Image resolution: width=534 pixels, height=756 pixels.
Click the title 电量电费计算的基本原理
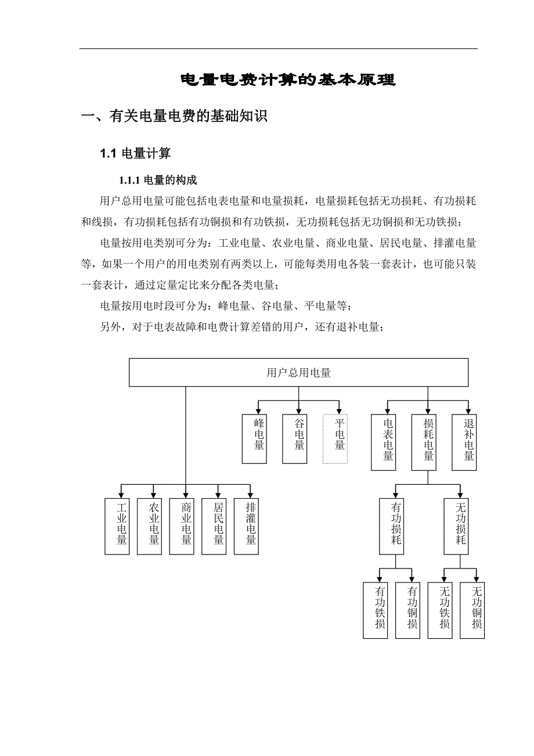point(288,80)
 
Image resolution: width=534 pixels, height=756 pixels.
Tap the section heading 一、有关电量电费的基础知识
point(174,117)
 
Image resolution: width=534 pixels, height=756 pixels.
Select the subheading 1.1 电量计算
point(135,154)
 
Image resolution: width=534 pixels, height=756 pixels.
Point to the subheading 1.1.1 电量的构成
point(158,180)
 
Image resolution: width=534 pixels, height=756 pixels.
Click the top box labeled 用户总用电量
point(298,373)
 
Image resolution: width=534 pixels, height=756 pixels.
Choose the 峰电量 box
point(254,438)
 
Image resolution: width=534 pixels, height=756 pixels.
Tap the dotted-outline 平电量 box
point(335,438)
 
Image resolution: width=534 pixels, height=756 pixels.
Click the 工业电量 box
point(121,526)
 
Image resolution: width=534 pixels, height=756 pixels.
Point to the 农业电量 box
point(154,526)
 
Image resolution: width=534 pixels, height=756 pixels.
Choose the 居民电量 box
point(219,526)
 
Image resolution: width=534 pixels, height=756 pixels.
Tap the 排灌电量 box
point(251,526)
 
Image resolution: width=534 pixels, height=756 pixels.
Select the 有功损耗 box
point(396,526)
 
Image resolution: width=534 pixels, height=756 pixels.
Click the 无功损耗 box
point(461,526)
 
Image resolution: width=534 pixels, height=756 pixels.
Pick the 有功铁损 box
point(380,610)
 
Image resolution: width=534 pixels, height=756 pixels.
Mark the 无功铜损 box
point(477,610)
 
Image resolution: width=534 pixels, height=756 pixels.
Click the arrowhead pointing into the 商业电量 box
point(186,495)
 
